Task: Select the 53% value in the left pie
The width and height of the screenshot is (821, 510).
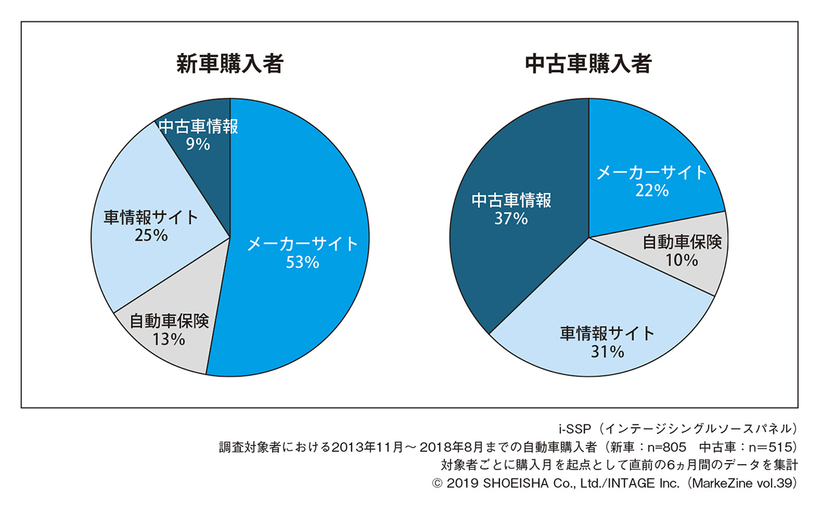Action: pyautogui.click(x=302, y=262)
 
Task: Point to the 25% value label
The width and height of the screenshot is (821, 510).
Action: pyautogui.click(x=152, y=235)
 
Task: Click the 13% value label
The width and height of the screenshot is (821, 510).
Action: pyautogui.click(x=168, y=339)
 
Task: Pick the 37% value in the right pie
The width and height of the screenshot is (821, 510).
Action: pyautogui.click(x=511, y=219)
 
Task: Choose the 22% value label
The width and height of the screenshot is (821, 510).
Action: pyautogui.click(x=651, y=191)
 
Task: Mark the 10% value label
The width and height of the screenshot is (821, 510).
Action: pyautogui.click(x=681, y=260)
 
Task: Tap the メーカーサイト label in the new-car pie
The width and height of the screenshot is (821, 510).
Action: pyautogui.click(x=302, y=243)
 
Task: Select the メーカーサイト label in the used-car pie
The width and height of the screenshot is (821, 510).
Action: pyautogui.click(x=651, y=173)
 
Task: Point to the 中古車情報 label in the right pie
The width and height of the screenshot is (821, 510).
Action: pyautogui.click(x=511, y=201)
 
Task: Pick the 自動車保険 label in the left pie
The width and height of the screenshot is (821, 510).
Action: pyautogui.click(x=168, y=320)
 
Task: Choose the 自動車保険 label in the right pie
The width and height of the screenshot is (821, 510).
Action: pyautogui.click(x=681, y=242)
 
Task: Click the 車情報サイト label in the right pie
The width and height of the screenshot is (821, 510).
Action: pyautogui.click(x=608, y=333)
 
